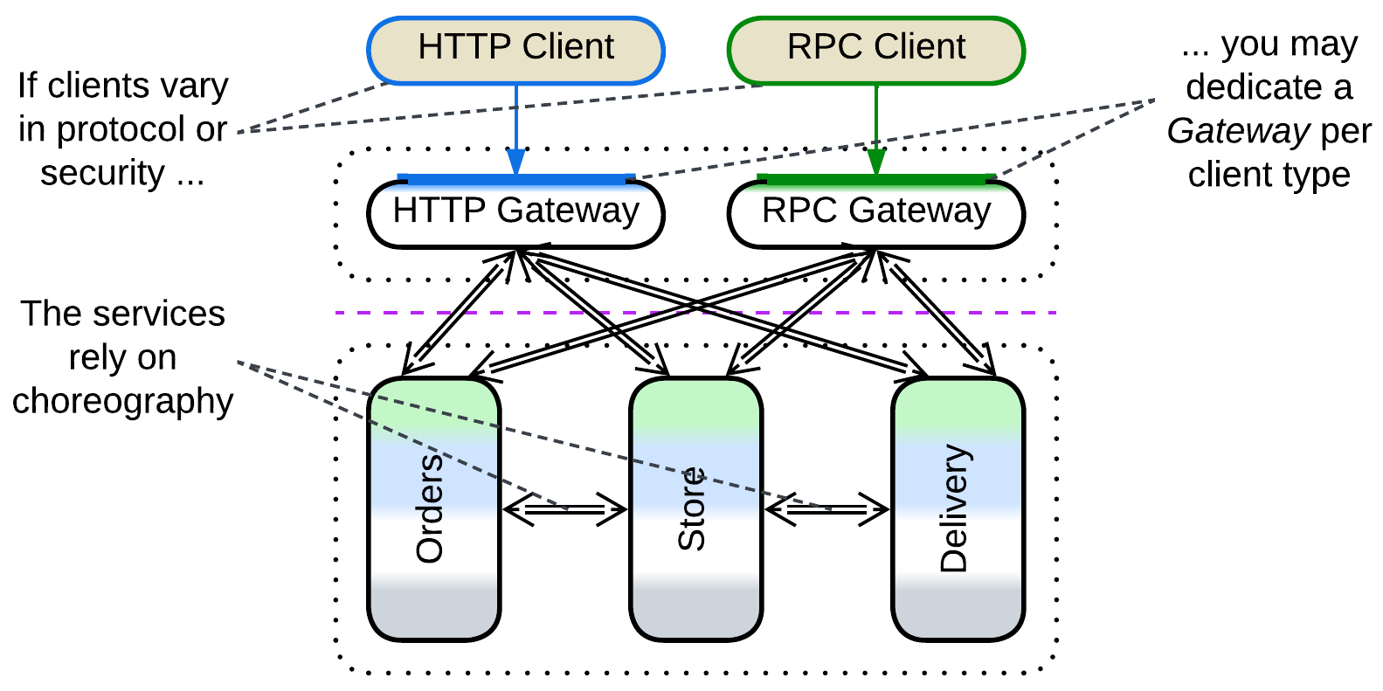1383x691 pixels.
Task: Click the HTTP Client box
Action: click(515, 49)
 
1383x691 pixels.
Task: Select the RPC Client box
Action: click(875, 49)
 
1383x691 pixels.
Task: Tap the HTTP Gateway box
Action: click(515, 212)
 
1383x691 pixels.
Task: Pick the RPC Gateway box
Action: click(875, 212)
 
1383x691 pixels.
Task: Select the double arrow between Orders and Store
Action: click(565, 509)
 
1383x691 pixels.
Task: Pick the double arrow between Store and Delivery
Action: click(826, 509)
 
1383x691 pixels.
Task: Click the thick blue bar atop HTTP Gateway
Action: click(515, 180)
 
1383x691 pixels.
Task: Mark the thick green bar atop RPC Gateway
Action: click(875, 180)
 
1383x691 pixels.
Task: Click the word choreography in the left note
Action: click(122, 402)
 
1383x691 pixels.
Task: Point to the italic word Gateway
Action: click(1237, 131)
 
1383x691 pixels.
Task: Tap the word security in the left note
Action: click(102, 173)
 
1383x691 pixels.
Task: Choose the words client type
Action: click(1269, 175)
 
